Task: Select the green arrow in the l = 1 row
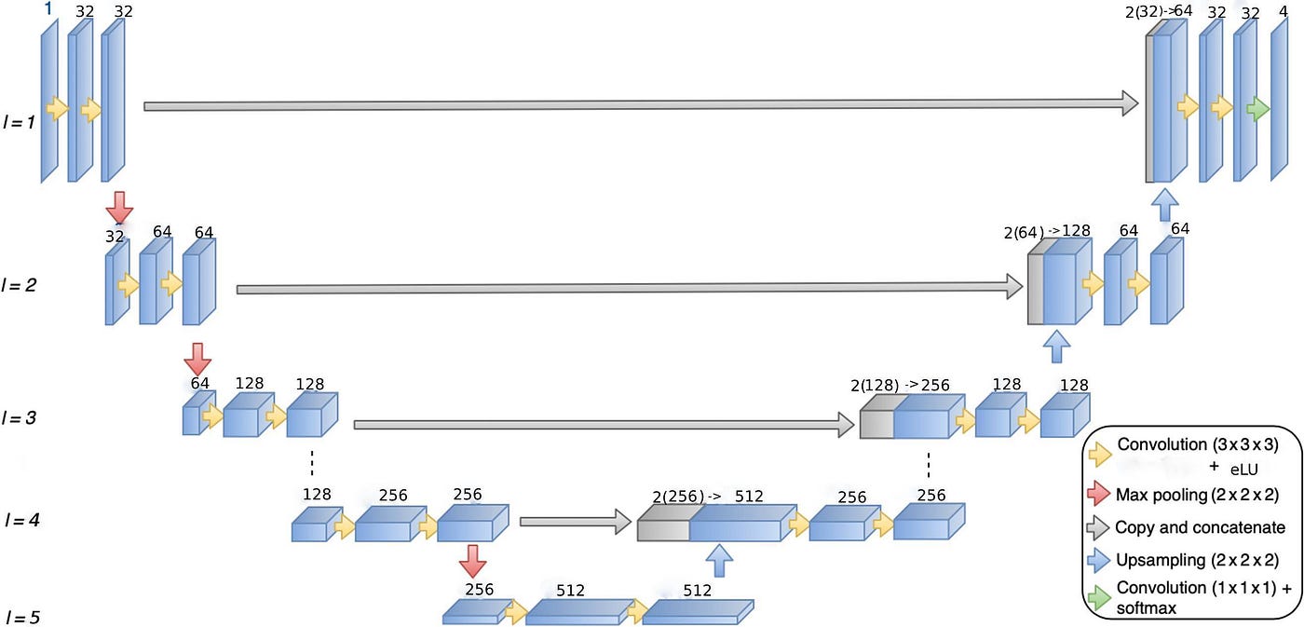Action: [1258, 108]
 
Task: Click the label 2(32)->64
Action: [1160, 11]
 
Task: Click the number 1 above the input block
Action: [49, 8]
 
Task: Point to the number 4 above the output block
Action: [1284, 12]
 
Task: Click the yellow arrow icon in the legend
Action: [1099, 453]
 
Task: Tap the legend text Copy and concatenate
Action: [1200, 527]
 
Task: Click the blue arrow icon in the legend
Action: [1099, 561]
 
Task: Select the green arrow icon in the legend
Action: [1099, 594]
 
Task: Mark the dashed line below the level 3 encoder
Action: [311, 463]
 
